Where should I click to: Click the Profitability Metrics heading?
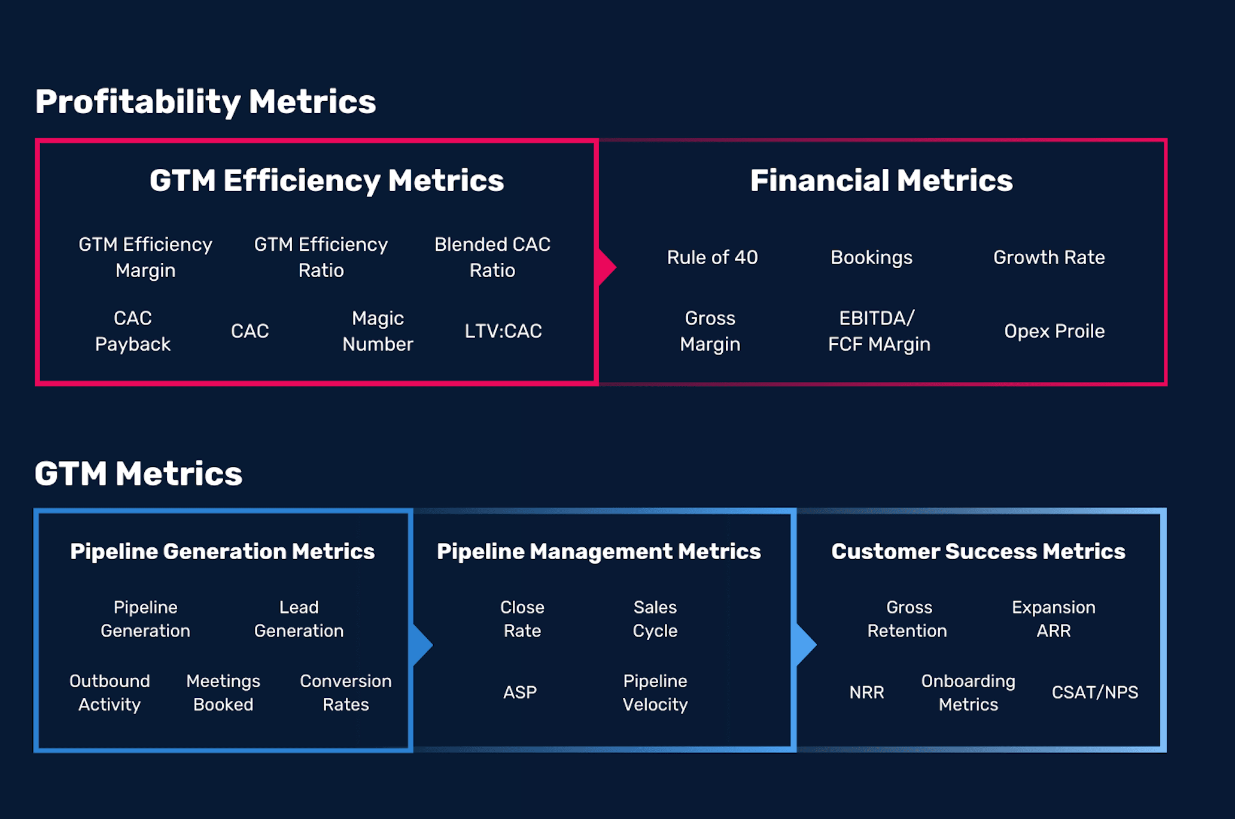point(205,102)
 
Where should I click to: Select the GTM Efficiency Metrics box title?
point(327,181)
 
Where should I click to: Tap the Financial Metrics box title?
point(881,180)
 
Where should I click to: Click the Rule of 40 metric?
point(712,257)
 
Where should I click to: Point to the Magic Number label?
point(378,331)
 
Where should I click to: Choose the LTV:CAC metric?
point(503,331)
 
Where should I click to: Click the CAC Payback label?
point(133,331)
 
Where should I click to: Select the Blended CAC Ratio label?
point(492,257)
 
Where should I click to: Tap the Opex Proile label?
point(1054,331)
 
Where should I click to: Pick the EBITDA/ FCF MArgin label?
point(879,331)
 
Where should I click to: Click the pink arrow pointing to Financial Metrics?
point(607,267)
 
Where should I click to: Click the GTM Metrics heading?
point(138,474)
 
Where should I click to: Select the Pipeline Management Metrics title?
point(599,551)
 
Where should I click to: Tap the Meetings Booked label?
point(223,693)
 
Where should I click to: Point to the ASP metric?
point(520,693)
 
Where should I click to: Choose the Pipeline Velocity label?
point(655,693)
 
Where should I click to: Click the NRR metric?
point(866,693)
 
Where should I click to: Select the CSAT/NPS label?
point(1095,693)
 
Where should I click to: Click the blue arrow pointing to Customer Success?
point(806,645)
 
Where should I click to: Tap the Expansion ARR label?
point(1054,619)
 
